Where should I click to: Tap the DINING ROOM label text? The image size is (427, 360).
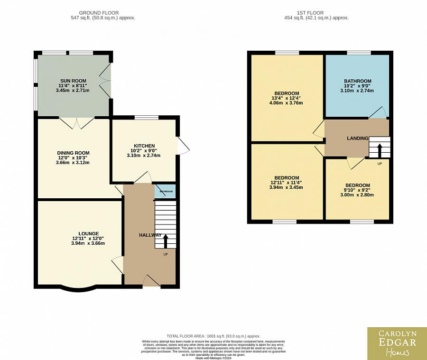(73, 153)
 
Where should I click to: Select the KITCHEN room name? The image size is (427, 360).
(144, 146)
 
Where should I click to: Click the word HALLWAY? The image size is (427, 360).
(150, 235)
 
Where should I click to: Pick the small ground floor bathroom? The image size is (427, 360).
(166, 191)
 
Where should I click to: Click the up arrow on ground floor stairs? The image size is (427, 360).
(165, 242)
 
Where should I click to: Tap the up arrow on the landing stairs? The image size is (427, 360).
(379, 151)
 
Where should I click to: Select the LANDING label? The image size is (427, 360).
(357, 138)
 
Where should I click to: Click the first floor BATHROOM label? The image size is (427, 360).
(357, 81)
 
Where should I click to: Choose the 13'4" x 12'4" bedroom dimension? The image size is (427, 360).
(287, 98)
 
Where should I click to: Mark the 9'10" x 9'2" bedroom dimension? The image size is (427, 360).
(357, 190)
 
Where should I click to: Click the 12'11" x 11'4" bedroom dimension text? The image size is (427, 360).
(287, 183)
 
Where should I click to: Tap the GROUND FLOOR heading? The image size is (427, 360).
(99, 13)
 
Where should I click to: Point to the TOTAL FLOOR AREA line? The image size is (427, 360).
(213, 336)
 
